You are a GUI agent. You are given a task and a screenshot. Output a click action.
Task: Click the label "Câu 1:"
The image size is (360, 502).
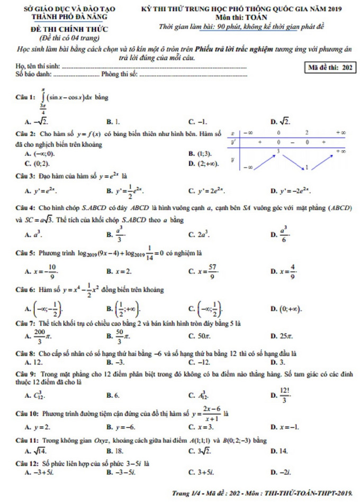(x=25, y=97)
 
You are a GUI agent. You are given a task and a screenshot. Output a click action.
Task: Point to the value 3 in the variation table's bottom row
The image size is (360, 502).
(x=278, y=151)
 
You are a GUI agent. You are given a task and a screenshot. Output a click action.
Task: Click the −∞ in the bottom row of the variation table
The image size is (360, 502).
(x=248, y=167)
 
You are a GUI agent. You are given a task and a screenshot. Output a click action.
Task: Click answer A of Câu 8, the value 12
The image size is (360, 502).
(x=35, y=362)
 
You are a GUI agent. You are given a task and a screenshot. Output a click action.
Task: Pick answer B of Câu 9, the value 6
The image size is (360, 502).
(x=114, y=395)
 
